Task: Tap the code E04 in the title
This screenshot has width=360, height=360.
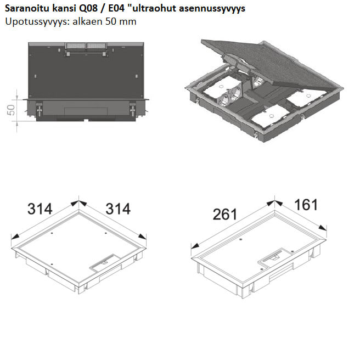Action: coord(116,8)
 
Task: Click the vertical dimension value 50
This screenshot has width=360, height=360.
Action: coord(11,110)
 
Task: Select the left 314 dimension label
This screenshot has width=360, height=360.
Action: coord(40,209)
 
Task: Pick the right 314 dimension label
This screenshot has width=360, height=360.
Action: coord(118,209)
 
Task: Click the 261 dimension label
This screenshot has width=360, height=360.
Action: coord(225,215)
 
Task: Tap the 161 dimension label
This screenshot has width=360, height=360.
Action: coord(306,205)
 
